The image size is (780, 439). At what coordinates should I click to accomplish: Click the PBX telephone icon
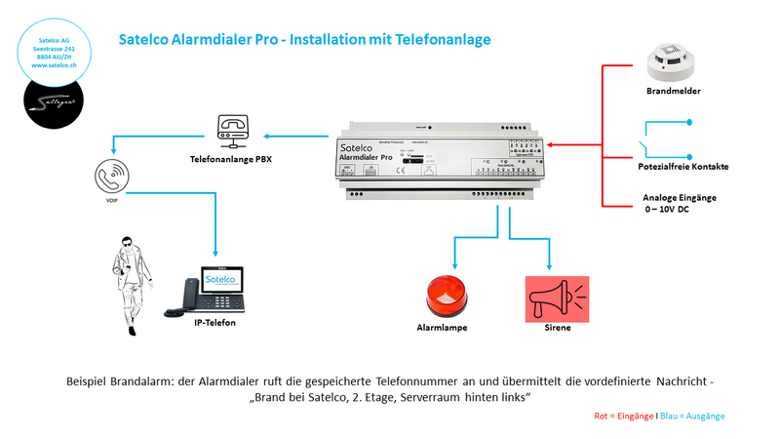tap(231, 129)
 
